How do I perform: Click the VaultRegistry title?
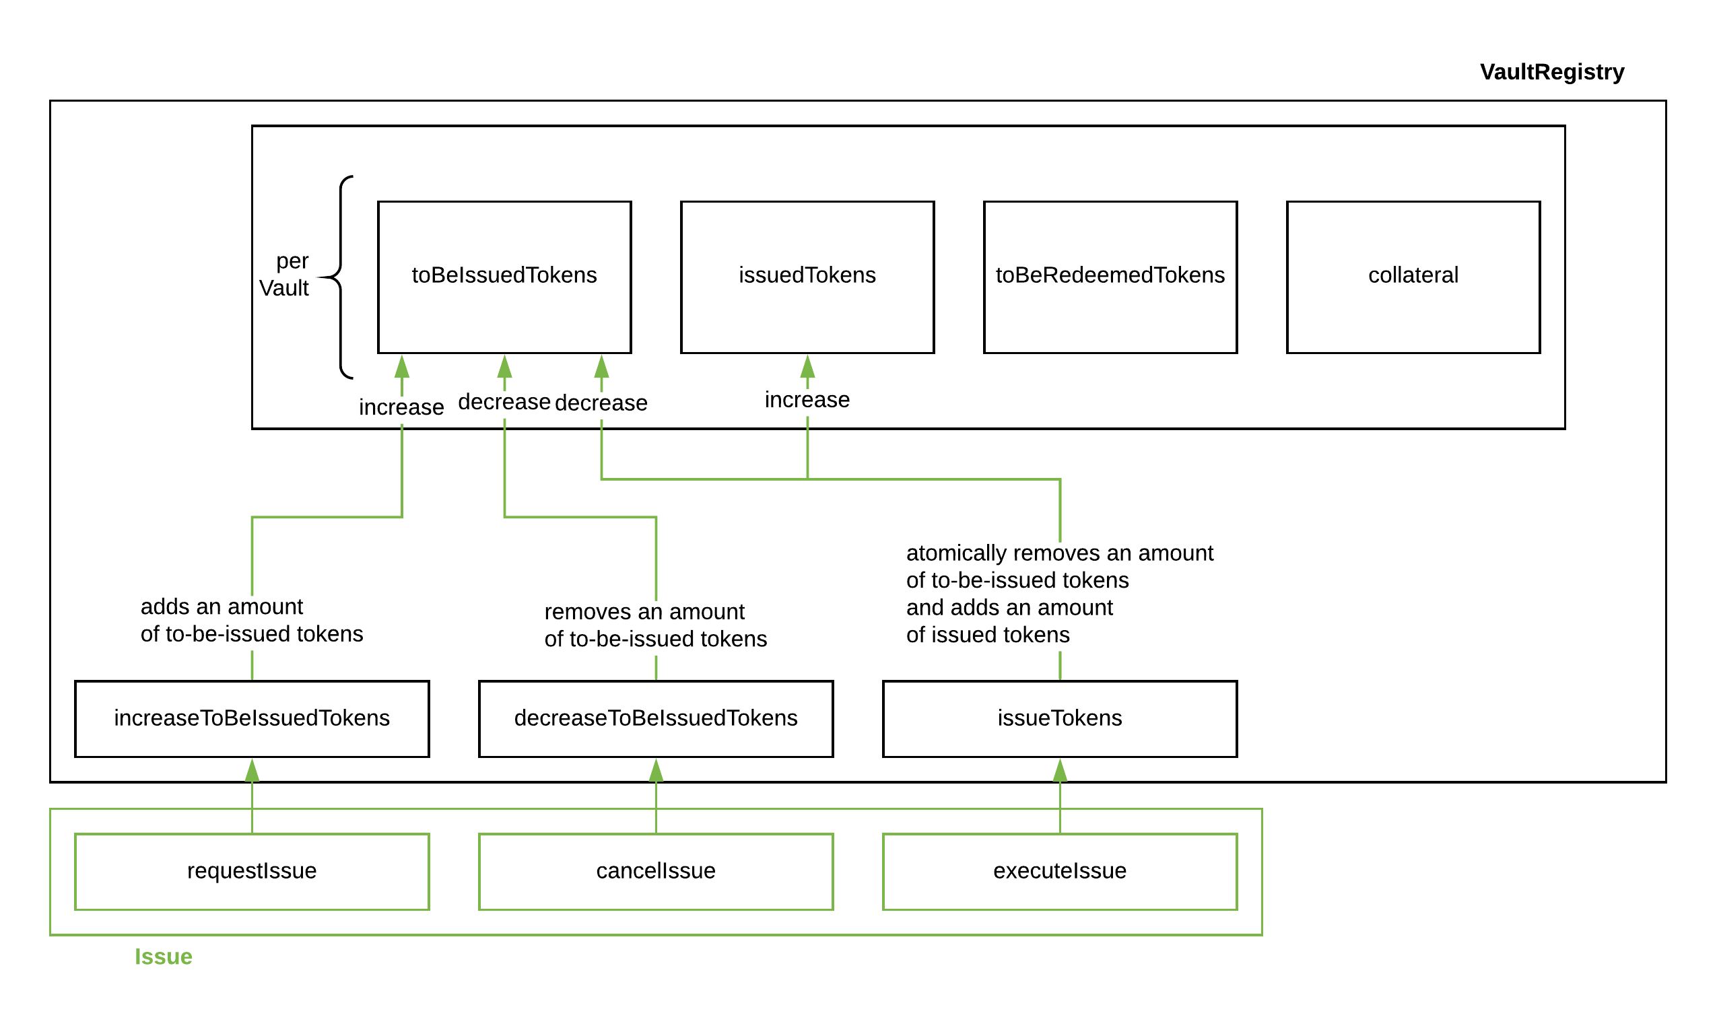coord(1551,72)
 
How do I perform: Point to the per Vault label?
coord(285,274)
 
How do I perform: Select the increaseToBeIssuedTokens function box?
coord(252,718)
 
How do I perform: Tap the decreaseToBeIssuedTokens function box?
coord(655,718)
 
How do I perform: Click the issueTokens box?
coord(1059,718)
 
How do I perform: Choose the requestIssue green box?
coord(252,871)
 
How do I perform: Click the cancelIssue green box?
coord(655,871)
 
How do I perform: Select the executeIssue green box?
coord(1059,871)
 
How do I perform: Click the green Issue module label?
coord(163,957)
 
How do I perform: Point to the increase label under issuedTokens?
coord(807,400)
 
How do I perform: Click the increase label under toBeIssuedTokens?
coord(401,407)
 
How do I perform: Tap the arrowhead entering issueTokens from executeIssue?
coord(1060,770)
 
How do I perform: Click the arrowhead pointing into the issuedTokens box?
coord(807,366)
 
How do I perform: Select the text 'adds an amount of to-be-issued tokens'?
coord(252,620)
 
